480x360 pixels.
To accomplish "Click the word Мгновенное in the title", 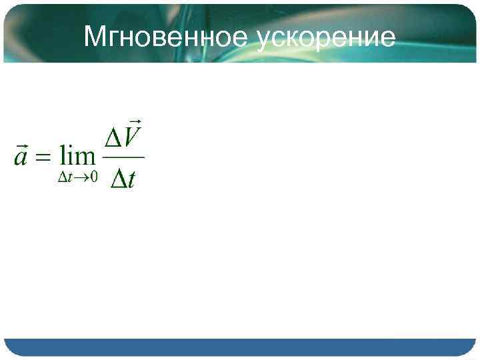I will coord(166,37).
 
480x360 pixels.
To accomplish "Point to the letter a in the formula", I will coord(21,158).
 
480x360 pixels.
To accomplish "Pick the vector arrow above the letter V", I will coord(135,121).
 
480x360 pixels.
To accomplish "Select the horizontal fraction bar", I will coord(123,157).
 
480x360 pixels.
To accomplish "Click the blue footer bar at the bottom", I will coord(239,347).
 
